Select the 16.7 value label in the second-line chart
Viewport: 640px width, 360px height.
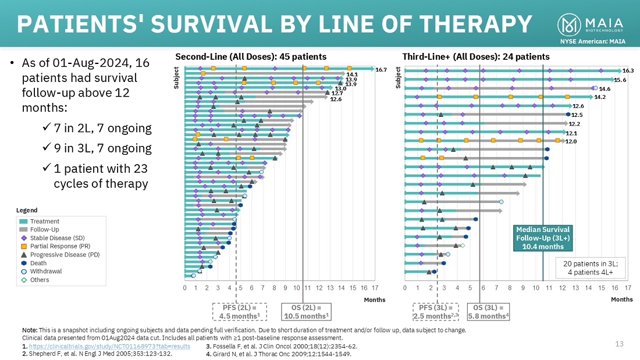pyautogui.click(x=381, y=69)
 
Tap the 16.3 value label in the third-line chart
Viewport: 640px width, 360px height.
pyautogui.click(x=628, y=70)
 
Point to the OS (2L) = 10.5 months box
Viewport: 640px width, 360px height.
pyautogui.click(x=305, y=312)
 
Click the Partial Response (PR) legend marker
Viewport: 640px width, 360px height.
pyautogui.click(x=24, y=246)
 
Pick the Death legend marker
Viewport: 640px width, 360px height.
pyautogui.click(x=24, y=263)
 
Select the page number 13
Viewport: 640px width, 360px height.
pyautogui.click(x=619, y=344)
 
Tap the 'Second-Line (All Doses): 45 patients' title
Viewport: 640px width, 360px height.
pyautogui.click(x=251, y=56)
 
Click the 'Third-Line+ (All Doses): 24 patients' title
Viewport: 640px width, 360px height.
pyautogui.click(x=476, y=56)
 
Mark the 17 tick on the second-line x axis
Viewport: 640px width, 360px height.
pyautogui.click(x=375, y=287)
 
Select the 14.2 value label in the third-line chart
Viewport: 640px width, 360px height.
pyautogui.click(x=600, y=97)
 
